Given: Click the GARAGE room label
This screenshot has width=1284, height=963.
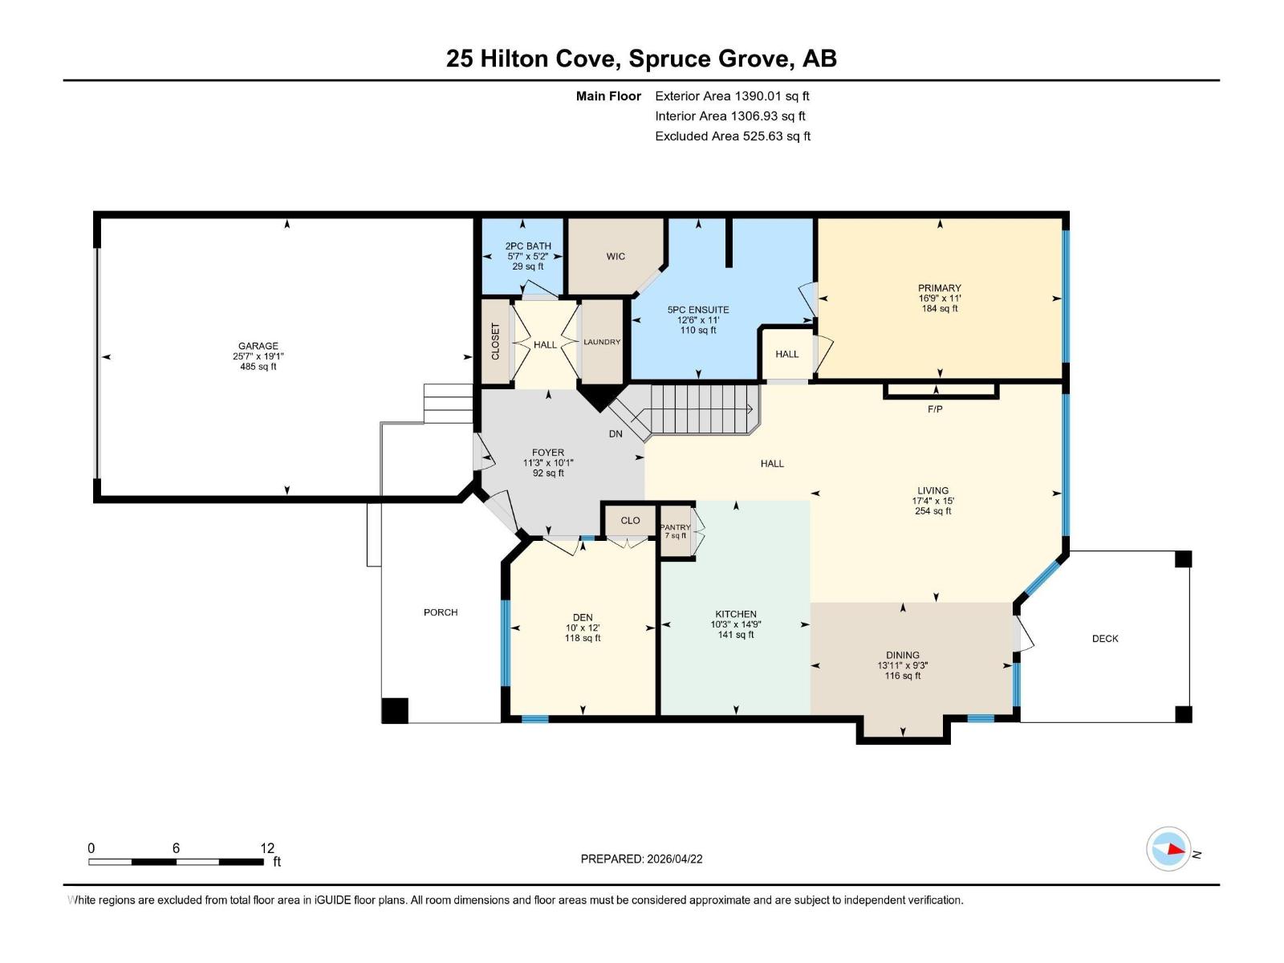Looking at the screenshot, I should pyautogui.click(x=258, y=346).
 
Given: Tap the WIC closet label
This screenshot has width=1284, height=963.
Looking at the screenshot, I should pyautogui.click(x=616, y=257).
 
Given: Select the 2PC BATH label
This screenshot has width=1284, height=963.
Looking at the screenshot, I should pyautogui.click(x=528, y=246).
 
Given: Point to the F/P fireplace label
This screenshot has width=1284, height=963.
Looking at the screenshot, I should pyautogui.click(x=935, y=409).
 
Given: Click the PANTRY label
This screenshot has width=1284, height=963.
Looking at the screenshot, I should pyautogui.click(x=676, y=527).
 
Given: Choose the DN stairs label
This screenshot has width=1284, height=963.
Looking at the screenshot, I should pyautogui.click(x=616, y=434).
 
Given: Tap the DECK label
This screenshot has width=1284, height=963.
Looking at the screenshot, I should pyautogui.click(x=1105, y=639).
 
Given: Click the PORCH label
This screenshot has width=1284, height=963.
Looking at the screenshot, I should pyautogui.click(x=441, y=612).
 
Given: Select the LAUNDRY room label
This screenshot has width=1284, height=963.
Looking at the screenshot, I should pyautogui.click(x=602, y=342).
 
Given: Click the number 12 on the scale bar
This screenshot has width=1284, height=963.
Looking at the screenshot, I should pyautogui.click(x=267, y=848).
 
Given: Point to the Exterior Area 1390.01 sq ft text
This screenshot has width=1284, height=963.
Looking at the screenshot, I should pyautogui.click(x=732, y=96).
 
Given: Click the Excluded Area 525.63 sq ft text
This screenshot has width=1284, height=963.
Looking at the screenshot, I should pyautogui.click(x=733, y=136).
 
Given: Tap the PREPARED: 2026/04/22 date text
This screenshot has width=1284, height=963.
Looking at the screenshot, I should pyautogui.click(x=641, y=859).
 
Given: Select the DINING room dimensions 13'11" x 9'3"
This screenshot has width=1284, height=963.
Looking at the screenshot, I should pyautogui.click(x=903, y=665).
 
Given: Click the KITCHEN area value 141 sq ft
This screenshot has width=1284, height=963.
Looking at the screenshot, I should pyautogui.click(x=736, y=635).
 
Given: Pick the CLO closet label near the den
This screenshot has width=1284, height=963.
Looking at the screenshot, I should pyautogui.click(x=631, y=521).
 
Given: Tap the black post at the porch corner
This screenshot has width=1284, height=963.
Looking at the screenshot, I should pyautogui.click(x=395, y=711).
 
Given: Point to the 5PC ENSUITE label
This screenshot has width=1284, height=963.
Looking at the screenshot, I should pyautogui.click(x=698, y=310).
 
